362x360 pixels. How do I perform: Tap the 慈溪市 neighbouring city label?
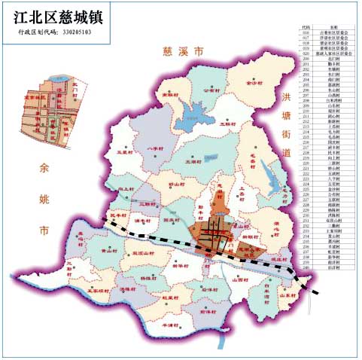pyautogui.click(x=183, y=51)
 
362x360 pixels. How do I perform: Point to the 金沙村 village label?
pyautogui.click(x=257, y=84)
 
